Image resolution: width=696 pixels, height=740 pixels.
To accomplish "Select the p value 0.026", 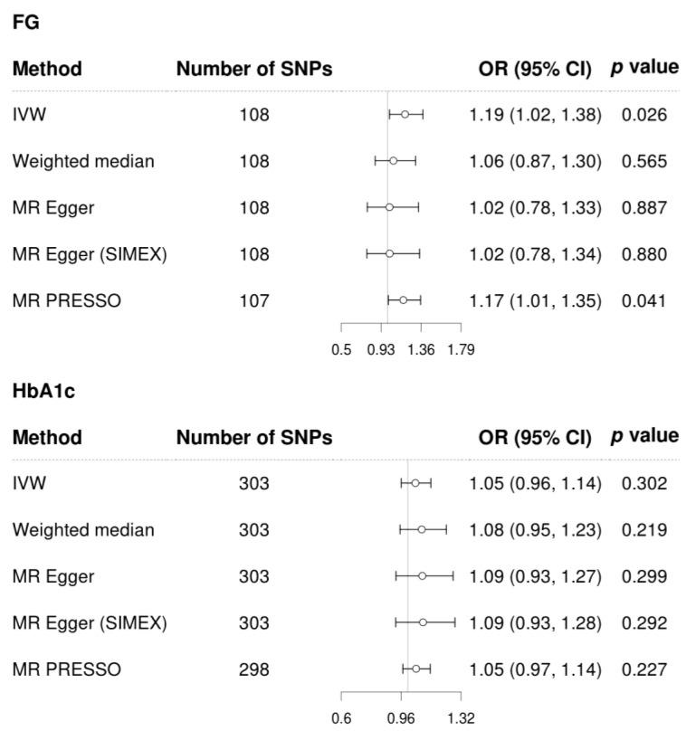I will pos(644,115).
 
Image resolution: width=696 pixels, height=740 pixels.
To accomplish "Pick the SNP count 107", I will pos(254,300).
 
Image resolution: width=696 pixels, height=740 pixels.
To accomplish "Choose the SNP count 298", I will pos(254,669).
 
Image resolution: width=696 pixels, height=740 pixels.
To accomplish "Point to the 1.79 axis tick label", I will pos(461,350).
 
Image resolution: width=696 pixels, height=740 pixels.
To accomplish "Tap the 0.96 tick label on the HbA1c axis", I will pos(401,719).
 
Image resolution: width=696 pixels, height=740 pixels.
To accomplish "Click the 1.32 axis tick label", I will pos(461,719).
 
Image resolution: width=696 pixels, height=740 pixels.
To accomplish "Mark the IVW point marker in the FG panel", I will pos(405,115).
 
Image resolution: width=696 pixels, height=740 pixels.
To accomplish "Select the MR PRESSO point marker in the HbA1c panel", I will pos(415,669).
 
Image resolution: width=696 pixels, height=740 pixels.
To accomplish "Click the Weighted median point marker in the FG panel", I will pos(393,161).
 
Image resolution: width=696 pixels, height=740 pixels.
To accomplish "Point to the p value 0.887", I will pos(644,208).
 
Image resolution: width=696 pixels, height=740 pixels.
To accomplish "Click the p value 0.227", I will pos(644,669).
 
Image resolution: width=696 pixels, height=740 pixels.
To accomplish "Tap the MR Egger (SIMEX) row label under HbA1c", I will pos(90,623).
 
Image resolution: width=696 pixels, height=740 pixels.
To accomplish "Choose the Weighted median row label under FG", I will pos(83,161).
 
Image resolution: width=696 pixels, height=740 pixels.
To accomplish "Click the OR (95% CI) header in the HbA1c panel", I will pos(535,438).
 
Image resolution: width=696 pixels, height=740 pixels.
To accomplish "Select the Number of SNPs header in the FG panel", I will pos(254,69).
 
